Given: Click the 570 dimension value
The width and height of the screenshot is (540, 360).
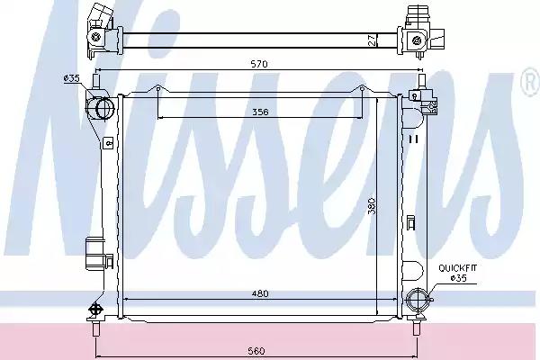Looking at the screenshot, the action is tap(259, 64).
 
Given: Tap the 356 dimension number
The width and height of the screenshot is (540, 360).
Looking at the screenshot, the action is tap(260, 112).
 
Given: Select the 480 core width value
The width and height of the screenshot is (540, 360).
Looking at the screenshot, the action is tap(260, 294).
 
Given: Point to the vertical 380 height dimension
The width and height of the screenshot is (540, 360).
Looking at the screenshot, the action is tap(372, 206).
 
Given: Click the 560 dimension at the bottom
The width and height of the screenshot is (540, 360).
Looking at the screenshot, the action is tap(256, 351).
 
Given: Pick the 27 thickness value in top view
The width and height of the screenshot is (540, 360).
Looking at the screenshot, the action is tap(372, 40).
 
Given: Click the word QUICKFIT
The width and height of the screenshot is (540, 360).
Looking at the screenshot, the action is tap(458, 268).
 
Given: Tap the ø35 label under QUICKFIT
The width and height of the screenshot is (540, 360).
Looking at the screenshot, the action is tap(459, 278).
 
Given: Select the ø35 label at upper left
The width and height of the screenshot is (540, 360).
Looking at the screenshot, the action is tap(72, 78).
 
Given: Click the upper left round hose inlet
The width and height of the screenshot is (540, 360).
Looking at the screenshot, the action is tap(103, 108).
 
